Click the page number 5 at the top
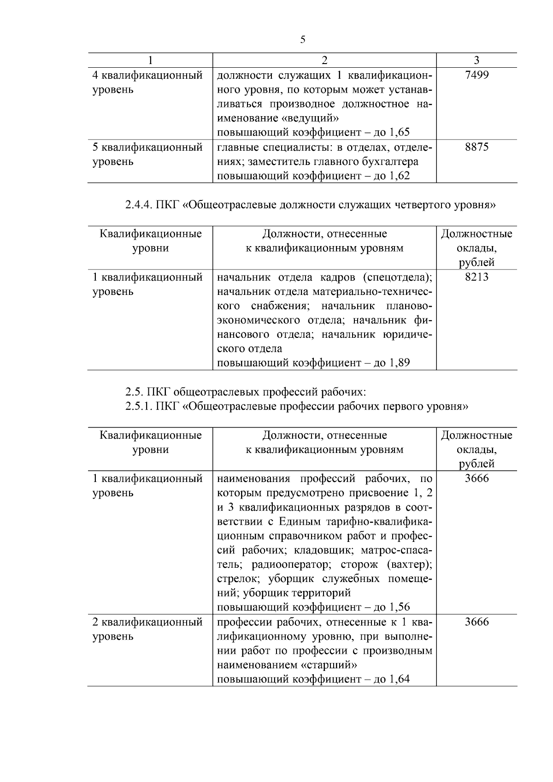coord(302,40)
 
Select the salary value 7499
coord(477,75)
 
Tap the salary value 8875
coord(477,147)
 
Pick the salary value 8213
coord(477,277)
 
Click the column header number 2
coord(324,60)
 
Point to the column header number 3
coord(477,60)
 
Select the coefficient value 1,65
coord(399,133)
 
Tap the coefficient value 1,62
coord(399,176)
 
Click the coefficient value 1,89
coord(399,363)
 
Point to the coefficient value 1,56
coord(399,607)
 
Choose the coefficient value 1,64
coord(399,679)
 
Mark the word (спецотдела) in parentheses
coord(397,277)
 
